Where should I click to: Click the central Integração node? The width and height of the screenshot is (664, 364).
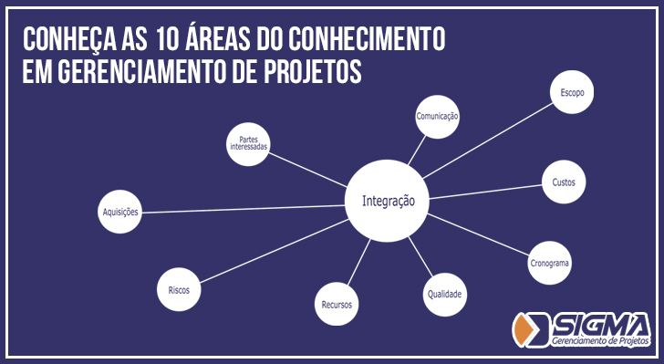click(388, 201)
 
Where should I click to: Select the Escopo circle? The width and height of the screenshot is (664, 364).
click(572, 92)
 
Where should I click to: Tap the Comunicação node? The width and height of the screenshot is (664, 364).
click(437, 117)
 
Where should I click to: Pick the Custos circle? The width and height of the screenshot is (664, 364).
click(564, 182)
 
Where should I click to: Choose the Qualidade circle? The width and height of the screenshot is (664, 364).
click(445, 294)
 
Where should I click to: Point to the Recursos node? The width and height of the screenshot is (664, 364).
click(337, 303)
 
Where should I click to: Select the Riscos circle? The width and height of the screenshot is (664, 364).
click(179, 289)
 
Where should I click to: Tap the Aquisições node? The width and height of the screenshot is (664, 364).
click(120, 213)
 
